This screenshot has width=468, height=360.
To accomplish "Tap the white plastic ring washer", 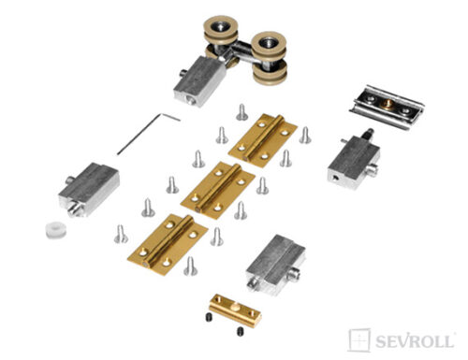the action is click(56, 230).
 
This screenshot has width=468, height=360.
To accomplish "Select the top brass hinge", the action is click(263, 140).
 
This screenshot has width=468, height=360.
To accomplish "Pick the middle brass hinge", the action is click(218, 190).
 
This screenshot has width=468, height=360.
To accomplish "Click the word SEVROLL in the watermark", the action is click(415, 341).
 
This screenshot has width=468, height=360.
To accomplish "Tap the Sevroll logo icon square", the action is click(359, 340).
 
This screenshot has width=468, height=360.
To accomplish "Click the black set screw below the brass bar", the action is click(240, 331).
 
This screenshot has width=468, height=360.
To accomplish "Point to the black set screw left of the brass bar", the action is click(210, 318).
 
